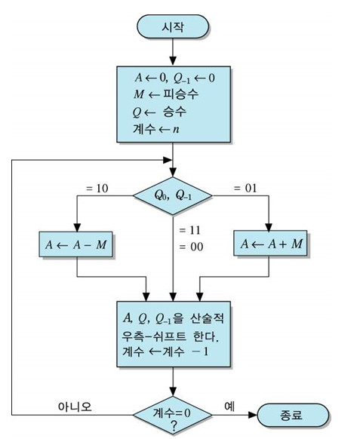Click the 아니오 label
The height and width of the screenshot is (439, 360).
75,405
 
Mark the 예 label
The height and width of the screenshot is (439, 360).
229,405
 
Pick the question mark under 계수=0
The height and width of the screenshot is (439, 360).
173,427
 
